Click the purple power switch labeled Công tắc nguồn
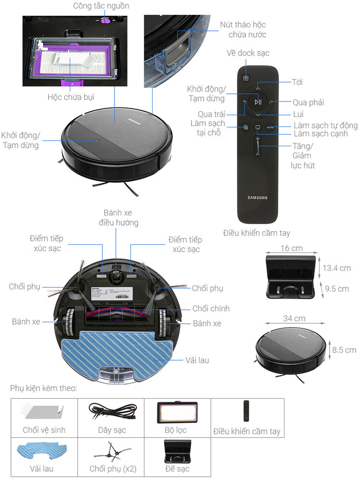click(106, 20)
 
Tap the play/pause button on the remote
click(258, 101)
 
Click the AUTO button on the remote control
click(270, 127)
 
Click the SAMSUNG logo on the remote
click(257, 197)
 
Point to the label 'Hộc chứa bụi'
click(71, 97)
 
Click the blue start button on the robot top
click(96, 141)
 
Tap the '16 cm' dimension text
click(292, 248)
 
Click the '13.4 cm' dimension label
click(337, 268)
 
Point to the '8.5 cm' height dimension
click(344, 350)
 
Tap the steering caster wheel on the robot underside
click(116, 276)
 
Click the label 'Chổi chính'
click(211, 308)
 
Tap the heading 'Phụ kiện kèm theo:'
click(43, 388)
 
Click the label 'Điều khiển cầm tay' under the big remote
click(257, 233)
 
